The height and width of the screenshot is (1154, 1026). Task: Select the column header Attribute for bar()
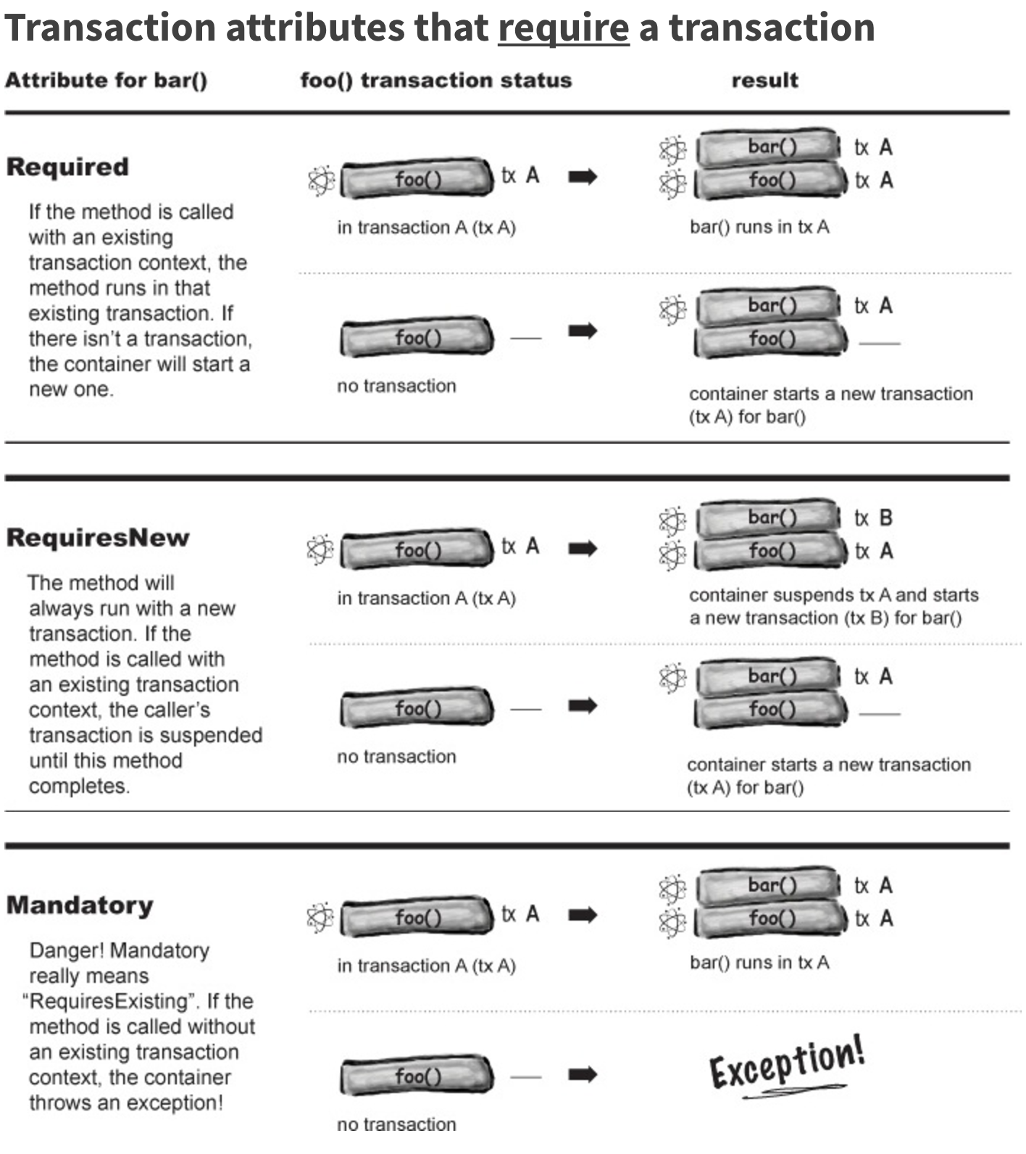pos(107,80)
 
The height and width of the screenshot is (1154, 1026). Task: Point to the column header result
pos(764,80)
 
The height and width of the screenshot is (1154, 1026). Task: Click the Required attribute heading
pos(67,167)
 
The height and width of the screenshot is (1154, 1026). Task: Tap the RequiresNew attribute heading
pos(98,538)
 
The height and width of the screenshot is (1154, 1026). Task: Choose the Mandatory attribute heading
pos(80,905)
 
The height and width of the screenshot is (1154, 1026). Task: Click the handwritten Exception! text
pos(787,1064)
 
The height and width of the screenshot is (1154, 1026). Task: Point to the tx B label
pos(873,518)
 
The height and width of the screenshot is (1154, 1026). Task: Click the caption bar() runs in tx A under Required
pos(759,227)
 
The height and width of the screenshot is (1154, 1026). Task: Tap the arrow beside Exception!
pos(583,1074)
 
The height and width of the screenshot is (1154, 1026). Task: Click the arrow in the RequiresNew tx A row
pos(583,548)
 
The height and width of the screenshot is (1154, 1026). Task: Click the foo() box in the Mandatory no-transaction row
pos(417,1076)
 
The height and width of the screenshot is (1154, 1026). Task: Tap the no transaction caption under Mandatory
pos(396,1124)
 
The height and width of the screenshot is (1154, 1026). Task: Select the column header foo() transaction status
pos(436,80)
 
